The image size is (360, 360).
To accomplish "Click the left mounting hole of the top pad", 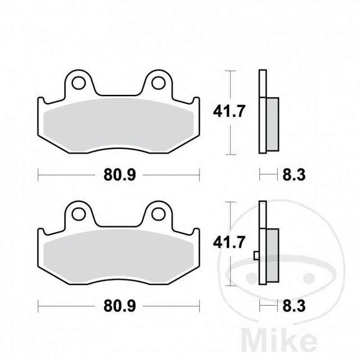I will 79,83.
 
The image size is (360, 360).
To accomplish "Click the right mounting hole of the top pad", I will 158,83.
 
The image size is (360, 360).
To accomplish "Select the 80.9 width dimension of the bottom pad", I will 119,306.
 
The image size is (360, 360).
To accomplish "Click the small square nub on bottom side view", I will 256,256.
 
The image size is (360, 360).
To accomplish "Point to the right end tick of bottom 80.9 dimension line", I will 199,306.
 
